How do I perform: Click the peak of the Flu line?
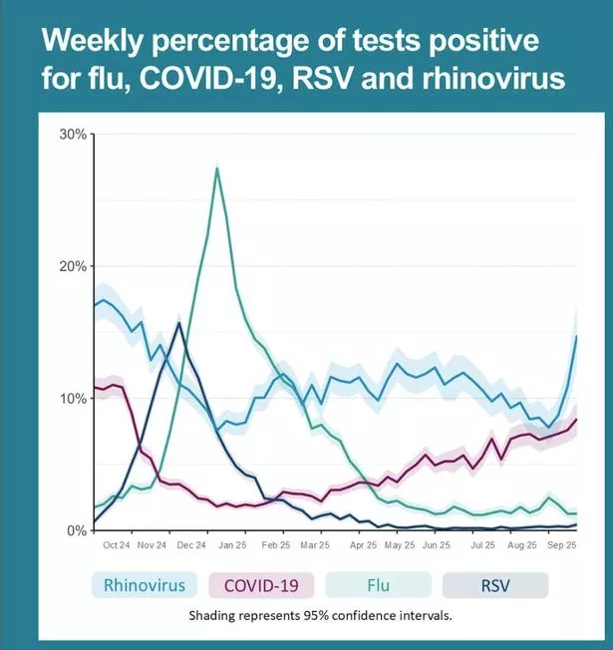click(217, 167)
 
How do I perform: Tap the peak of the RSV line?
click(178, 322)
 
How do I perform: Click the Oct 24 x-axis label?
click(116, 546)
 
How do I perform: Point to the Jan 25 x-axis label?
click(231, 546)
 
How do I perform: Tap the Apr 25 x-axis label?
click(363, 546)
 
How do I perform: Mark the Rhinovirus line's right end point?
click(577, 336)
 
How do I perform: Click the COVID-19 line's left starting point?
click(94, 387)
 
